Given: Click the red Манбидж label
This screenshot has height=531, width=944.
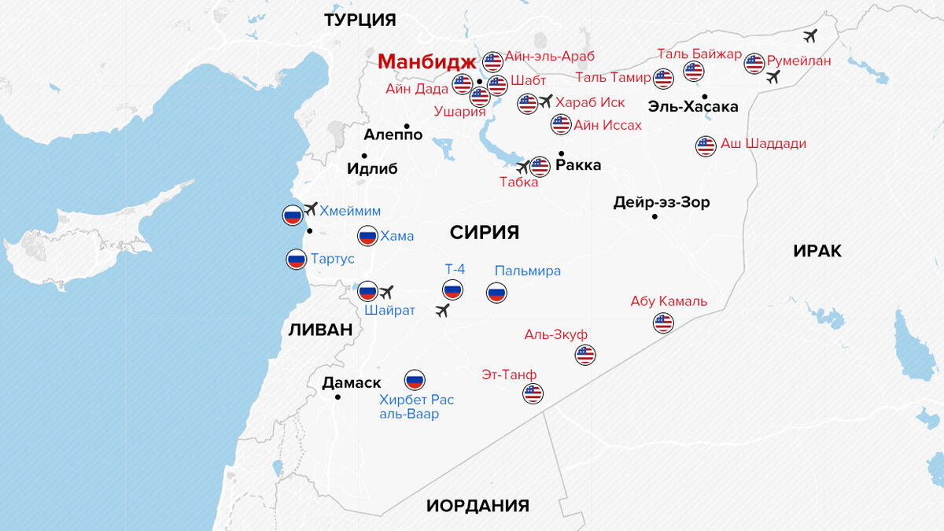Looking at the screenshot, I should (426, 61).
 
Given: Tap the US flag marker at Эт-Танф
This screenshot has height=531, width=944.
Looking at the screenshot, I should (533, 393).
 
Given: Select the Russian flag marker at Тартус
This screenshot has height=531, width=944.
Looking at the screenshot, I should (297, 260).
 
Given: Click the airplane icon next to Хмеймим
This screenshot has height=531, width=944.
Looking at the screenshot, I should (310, 208).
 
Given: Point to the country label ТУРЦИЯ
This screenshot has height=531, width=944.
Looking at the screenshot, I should (360, 20).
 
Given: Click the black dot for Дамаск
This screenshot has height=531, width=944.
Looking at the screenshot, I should (338, 397).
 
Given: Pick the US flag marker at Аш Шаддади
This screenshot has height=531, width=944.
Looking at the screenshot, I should (706, 146).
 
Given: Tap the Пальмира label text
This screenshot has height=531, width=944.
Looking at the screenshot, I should (528, 271).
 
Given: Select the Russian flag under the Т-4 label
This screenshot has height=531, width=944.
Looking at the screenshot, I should (452, 290).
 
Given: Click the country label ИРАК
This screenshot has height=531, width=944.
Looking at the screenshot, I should (817, 251).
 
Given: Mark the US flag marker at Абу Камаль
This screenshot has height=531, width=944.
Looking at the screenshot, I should (664, 323).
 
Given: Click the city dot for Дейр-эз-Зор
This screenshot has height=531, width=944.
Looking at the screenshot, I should (655, 216).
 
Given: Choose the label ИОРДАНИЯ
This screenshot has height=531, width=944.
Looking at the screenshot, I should (478, 506).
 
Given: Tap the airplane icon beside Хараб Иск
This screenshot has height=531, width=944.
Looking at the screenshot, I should (546, 101).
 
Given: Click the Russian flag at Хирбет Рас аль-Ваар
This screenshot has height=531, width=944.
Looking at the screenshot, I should (415, 380).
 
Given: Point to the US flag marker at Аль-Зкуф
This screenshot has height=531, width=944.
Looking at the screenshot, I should (585, 355).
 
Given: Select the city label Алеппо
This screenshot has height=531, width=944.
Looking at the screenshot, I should (393, 135).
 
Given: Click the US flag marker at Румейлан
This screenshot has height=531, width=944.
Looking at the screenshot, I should (754, 63).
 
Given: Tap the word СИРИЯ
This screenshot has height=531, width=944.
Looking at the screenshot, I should (485, 232).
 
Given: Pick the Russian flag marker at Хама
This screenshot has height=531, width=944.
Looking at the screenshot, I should (367, 235).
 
